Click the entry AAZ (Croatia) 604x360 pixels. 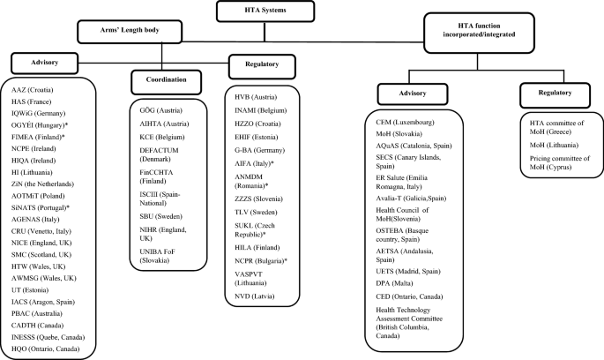(x=32, y=92)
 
